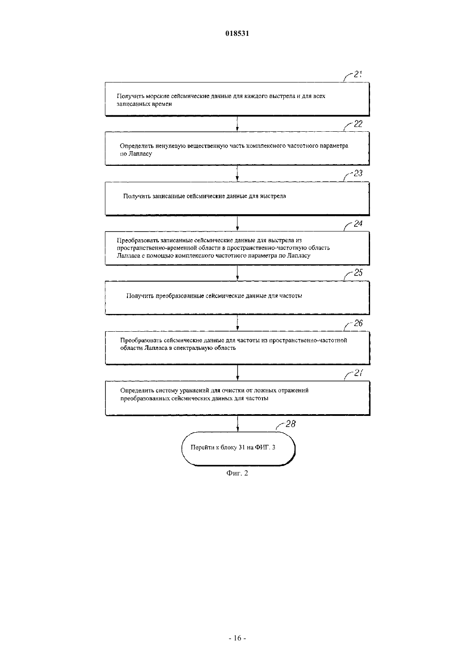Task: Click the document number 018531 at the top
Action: pyautogui.click(x=237, y=33)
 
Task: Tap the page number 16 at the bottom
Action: pyautogui.click(x=237, y=638)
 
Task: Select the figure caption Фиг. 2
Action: pyautogui.click(x=237, y=473)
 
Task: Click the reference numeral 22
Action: pyautogui.click(x=358, y=124)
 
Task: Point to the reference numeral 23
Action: pyautogui.click(x=358, y=174)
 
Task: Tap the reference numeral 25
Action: pyautogui.click(x=358, y=273)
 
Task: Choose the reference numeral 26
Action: pyautogui.click(x=358, y=323)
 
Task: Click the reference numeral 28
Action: pyautogui.click(x=291, y=424)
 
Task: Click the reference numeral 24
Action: pyautogui.click(x=358, y=224)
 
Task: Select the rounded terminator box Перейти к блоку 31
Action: pyautogui.click(x=238, y=449)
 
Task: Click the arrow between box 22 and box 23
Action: pyautogui.click(x=237, y=174)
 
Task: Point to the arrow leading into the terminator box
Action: pyautogui.click(x=237, y=424)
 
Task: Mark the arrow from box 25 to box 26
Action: pyautogui.click(x=237, y=323)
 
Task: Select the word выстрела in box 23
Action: pyautogui.click(x=273, y=196)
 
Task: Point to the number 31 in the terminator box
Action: pyautogui.click(x=242, y=447)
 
